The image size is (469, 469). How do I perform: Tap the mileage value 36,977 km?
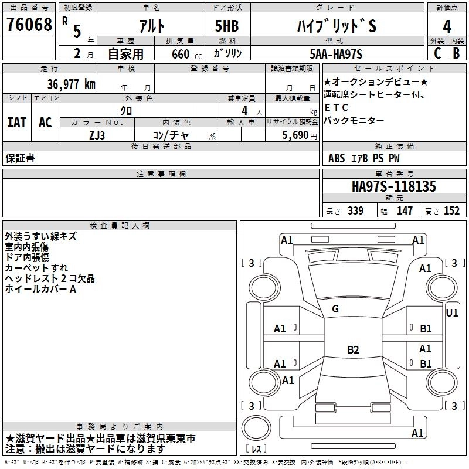point(70,84)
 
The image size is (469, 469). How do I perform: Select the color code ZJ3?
point(97,135)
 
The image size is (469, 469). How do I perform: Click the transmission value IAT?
point(16,123)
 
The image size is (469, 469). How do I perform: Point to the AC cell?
point(45,123)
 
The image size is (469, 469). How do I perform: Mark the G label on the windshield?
point(335,309)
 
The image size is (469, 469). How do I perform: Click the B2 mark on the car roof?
point(353,350)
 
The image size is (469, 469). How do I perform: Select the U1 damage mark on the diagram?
point(452,313)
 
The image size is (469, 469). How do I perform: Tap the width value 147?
point(405,211)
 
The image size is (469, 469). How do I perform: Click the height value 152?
point(451,211)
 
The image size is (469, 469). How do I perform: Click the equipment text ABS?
point(337,158)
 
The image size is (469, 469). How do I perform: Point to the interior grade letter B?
point(456,53)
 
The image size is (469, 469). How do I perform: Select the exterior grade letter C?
point(437,53)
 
